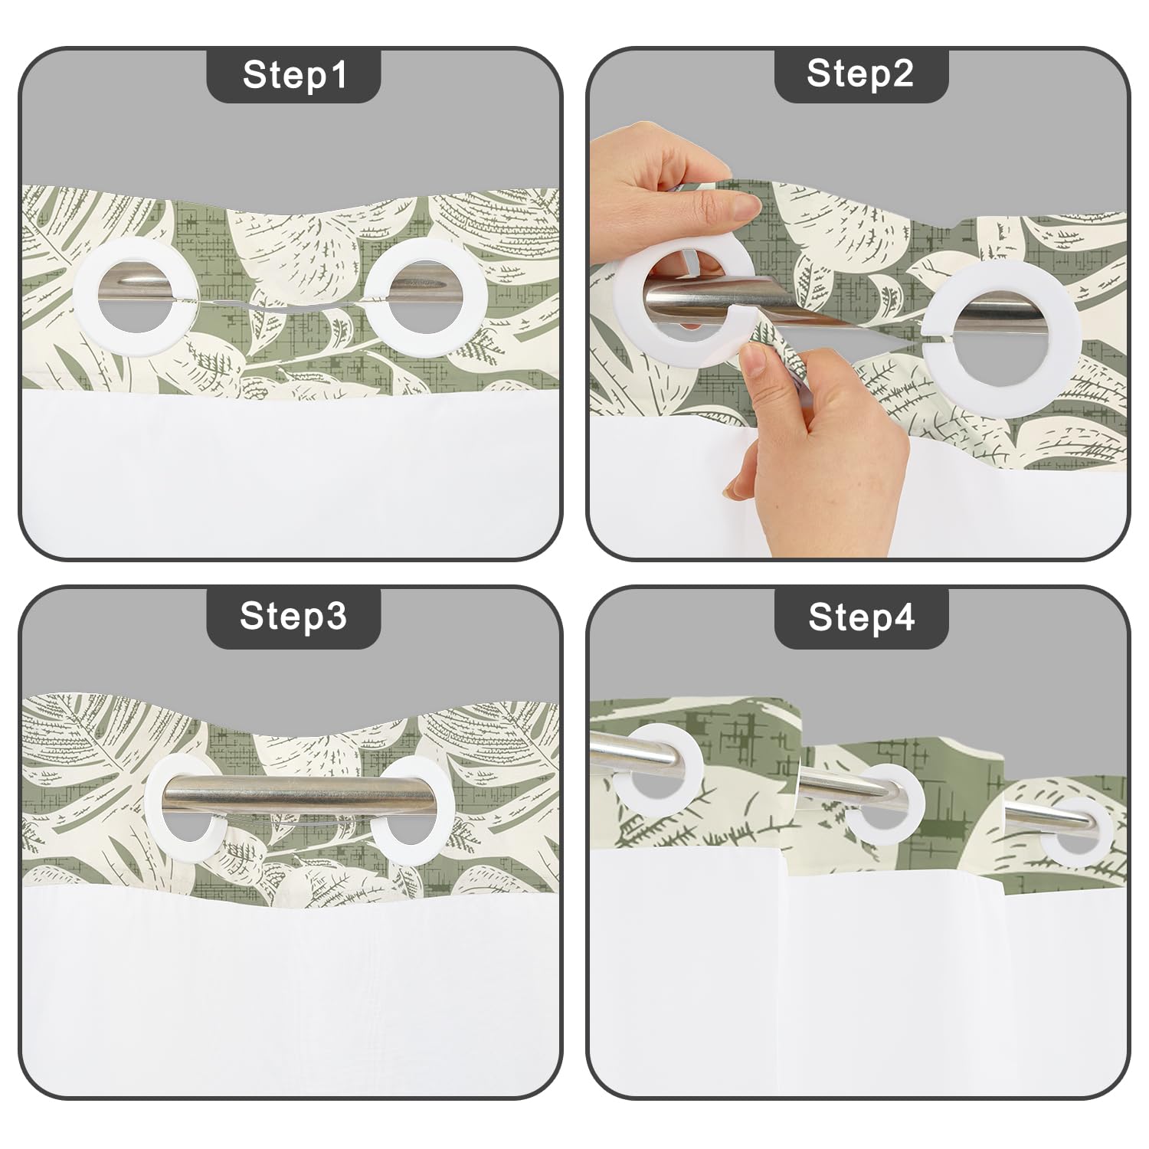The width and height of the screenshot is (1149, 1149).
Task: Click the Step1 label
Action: click(294, 74)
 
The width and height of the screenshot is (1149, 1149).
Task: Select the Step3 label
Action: click(293, 615)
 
